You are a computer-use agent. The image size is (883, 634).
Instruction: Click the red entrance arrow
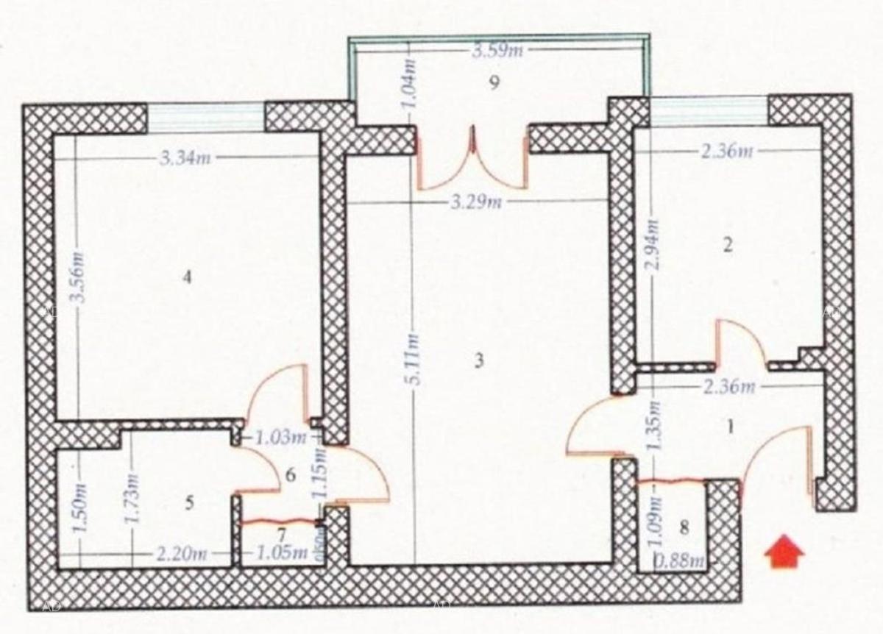click(x=784, y=552)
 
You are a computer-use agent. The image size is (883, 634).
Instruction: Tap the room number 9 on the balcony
click(x=494, y=82)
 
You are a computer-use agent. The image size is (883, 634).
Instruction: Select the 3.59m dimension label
click(x=497, y=51)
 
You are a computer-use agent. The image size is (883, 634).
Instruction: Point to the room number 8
click(x=684, y=527)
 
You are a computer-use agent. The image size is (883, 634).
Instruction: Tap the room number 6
click(x=290, y=475)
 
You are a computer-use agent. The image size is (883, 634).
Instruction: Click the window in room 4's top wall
click(x=205, y=118)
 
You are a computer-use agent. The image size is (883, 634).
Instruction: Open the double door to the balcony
click(x=472, y=159)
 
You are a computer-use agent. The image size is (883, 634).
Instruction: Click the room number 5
click(x=189, y=503)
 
